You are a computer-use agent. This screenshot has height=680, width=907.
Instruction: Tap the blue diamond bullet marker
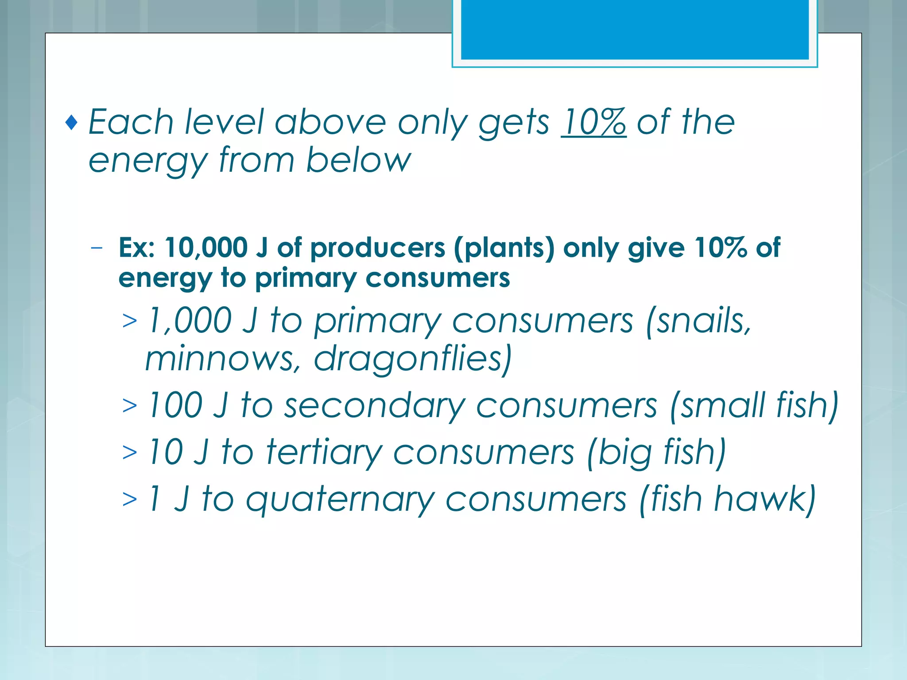coord(71,123)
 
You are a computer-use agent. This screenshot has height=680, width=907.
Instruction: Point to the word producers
coord(377,248)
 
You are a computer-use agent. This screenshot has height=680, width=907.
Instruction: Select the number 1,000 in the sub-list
coord(190,320)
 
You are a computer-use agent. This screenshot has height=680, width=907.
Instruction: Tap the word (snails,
coord(698,320)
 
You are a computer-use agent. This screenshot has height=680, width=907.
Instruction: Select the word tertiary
coord(324,453)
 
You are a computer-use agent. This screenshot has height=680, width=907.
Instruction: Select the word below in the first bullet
coord(358,160)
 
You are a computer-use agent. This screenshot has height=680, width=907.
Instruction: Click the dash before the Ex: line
coord(96,248)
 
